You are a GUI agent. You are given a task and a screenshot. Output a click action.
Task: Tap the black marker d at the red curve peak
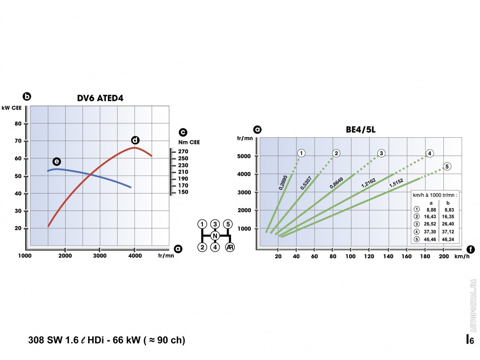(x=135, y=140)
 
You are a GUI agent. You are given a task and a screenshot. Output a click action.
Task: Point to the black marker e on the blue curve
(x=57, y=162)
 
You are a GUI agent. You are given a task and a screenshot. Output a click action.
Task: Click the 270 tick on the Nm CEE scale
(x=183, y=151)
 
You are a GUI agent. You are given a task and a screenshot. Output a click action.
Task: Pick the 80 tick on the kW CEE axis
(x=19, y=124)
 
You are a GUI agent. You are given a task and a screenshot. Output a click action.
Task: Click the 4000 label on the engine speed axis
(x=135, y=256)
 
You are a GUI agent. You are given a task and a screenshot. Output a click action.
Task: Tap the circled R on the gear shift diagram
(x=230, y=247)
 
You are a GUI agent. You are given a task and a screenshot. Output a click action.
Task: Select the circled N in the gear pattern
(x=215, y=235)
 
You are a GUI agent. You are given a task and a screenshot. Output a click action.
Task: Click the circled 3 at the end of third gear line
(x=382, y=153)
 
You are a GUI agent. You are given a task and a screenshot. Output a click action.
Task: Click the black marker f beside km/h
(x=470, y=249)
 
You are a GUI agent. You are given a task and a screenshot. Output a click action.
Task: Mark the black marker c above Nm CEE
(x=183, y=132)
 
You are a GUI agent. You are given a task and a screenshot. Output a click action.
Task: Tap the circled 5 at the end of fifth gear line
(x=447, y=166)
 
